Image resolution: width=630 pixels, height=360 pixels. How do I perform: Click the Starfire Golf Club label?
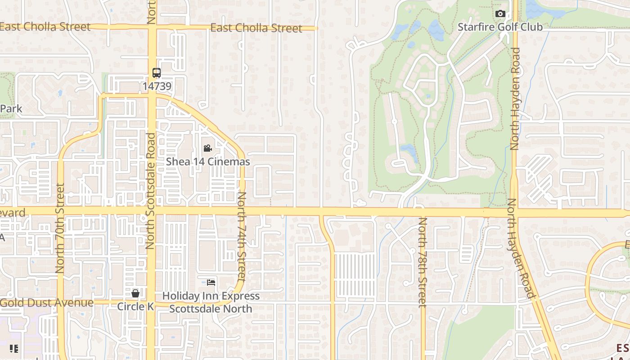pyautogui.click(x=500, y=27)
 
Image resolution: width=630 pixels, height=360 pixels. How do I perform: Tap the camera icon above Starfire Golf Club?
pyautogui.click(x=500, y=14)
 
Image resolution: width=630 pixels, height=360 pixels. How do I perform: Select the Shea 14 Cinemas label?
pyautogui.click(x=208, y=162)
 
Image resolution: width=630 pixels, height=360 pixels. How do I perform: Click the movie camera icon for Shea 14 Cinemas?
pyautogui.click(x=207, y=148)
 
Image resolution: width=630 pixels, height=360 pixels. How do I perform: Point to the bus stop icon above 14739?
pyautogui.click(x=157, y=72)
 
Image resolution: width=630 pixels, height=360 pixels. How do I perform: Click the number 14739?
pyautogui.click(x=157, y=85)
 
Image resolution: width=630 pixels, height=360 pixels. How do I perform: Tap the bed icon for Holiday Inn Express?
pyautogui.click(x=211, y=283)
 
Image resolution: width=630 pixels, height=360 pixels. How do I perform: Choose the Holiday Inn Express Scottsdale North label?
pyautogui.click(x=211, y=302)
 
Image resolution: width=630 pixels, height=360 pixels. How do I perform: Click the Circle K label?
pyautogui.click(x=135, y=307)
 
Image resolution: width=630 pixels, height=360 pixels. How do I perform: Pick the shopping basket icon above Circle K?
pyautogui.click(x=135, y=294)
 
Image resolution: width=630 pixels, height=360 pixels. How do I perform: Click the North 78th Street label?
pyautogui.click(x=422, y=262)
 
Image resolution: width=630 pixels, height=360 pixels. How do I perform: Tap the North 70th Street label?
pyautogui.click(x=60, y=228)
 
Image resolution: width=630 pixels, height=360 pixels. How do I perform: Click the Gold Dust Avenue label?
pyautogui.click(x=47, y=302)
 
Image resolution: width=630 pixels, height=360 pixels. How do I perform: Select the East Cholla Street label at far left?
pyautogui.click(x=45, y=27)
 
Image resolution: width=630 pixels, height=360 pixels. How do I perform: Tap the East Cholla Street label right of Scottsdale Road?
pyautogui.click(x=256, y=28)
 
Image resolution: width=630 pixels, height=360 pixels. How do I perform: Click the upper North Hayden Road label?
pyautogui.click(x=515, y=99)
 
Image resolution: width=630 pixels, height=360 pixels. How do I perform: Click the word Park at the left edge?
pyautogui.click(x=11, y=109)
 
